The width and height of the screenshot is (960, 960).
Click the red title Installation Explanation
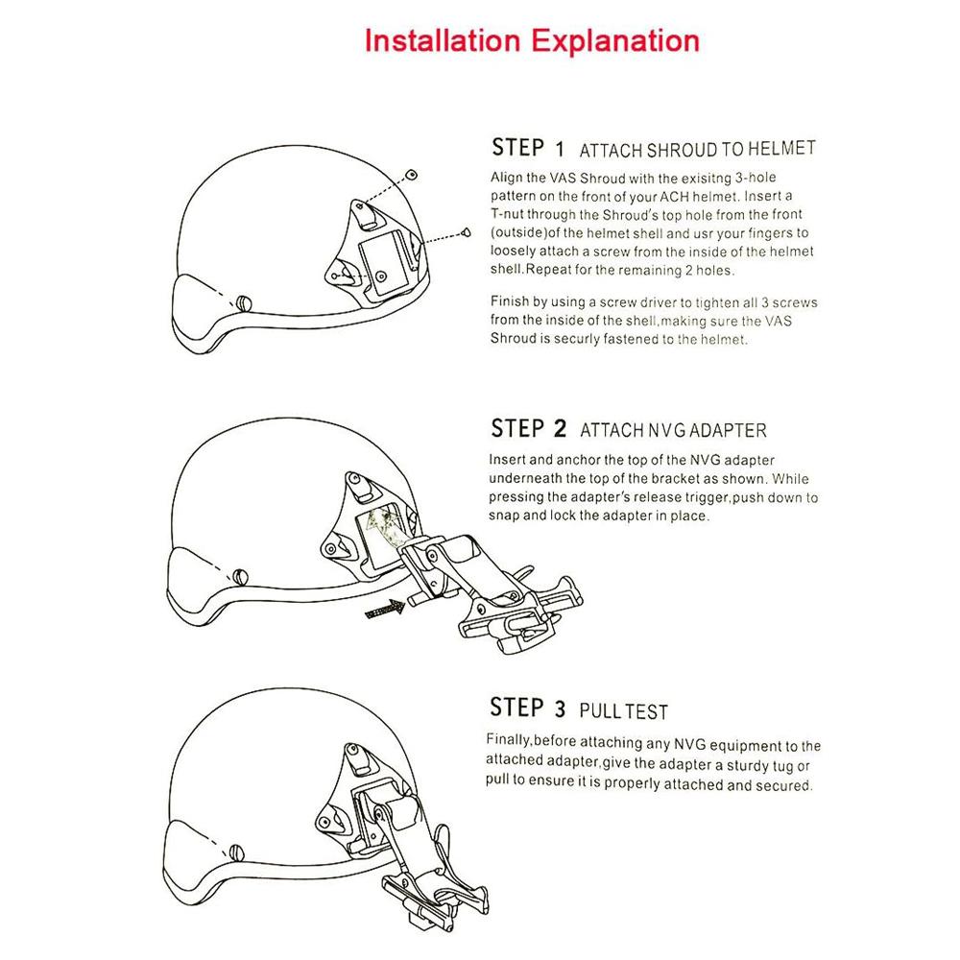click(532, 41)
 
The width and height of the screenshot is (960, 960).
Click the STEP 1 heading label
click(528, 148)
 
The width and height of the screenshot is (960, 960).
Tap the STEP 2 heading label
click(529, 428)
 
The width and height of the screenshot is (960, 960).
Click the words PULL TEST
click(624, 711)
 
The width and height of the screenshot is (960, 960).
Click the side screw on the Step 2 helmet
click(241, 575)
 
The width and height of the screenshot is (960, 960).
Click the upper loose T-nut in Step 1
click(412, 174)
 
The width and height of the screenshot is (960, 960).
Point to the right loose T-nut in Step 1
click(467, 231)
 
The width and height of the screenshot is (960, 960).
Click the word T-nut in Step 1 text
click(509, 214)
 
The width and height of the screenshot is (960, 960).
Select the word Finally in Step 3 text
click(510, 745)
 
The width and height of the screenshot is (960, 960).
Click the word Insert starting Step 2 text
click(509, 459)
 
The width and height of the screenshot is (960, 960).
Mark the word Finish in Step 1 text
click(510, 301)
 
